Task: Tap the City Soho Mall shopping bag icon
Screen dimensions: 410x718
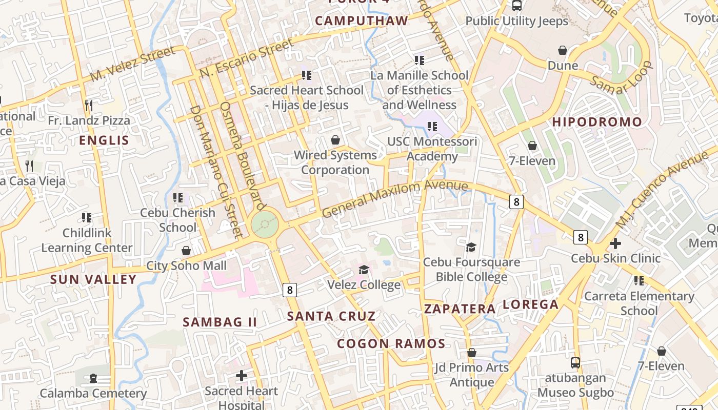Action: point(186,251)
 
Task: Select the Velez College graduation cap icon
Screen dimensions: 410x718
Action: point(364,270)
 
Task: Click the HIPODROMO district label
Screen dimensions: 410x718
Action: point(597,122)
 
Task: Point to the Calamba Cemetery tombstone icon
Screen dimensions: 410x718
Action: point(93,378)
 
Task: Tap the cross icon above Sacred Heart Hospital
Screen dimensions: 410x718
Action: point(241,376)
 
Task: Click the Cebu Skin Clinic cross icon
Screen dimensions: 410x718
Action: point(615,243)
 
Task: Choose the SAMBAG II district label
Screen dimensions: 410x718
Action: point(220,322)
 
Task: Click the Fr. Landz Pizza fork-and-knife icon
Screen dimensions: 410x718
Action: point(89,106)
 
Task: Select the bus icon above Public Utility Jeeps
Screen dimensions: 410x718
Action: point(516,6)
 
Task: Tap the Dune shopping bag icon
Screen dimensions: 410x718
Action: point(563,50)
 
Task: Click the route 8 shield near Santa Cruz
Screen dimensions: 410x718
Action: point(289,290)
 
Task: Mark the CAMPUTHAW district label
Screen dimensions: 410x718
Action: point(362,21)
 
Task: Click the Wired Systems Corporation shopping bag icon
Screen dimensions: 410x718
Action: point(335,140)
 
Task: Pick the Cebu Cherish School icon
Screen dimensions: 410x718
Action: point(178,197)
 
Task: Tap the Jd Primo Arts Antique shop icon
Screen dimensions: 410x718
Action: point(471,353)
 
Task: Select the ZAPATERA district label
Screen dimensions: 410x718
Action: point(460,309)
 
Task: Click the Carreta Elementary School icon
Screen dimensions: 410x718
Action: point(639,281)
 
